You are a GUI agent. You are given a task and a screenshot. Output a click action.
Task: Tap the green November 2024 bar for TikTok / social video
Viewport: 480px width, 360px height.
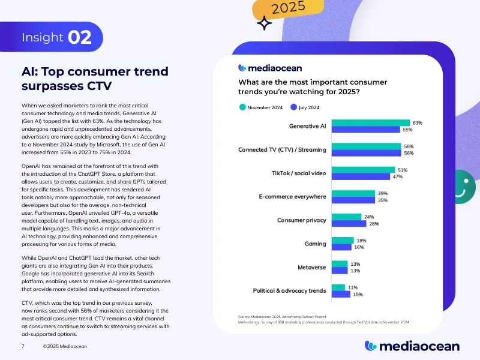pyautogui.click(x=363, y=170)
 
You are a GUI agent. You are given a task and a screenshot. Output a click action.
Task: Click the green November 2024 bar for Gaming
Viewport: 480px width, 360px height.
pyautogui.click(x=343, y=240)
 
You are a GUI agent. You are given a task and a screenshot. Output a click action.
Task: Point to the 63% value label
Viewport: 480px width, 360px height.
pyautogui.click(x=418, y=123)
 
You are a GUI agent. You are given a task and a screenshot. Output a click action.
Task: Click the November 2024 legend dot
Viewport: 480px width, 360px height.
pyautogui.click(x=242, y=107)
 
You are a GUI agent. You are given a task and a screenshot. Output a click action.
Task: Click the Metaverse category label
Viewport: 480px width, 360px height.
pyautogui.click(x=312, y=267)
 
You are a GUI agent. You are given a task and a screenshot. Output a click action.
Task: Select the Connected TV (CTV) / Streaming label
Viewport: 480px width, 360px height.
pyautogui.click(x=282, y=150)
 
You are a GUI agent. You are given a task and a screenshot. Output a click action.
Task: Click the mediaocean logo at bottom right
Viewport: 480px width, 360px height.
pyautogui.click(x=412, y=346)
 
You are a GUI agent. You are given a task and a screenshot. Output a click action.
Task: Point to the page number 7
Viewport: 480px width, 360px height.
pyautogui.click(x=22, y=347)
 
